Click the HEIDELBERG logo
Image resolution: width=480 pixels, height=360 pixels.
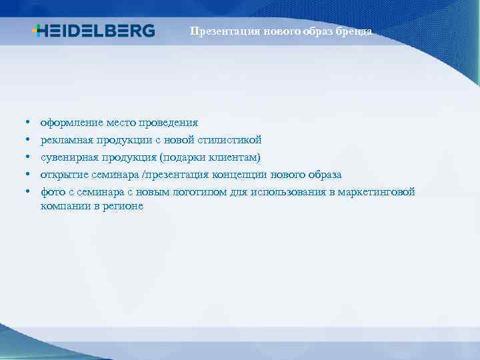(x=93, y=31)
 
